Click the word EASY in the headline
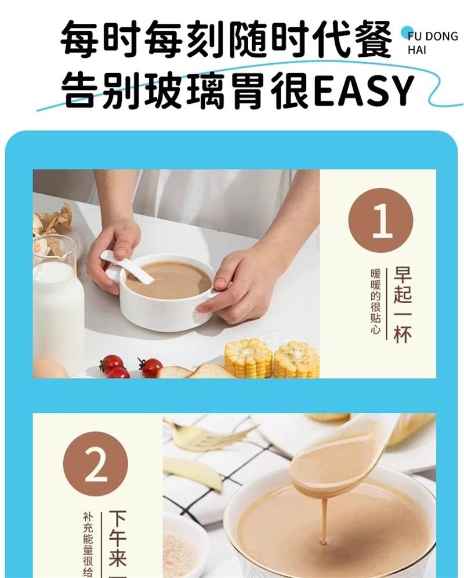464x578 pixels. pyautogui.click(x=365, y=90)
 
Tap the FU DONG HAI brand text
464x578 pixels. pyautogui.click(x=432, y=42)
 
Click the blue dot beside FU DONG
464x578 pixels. pyautogui.click(x=406, y=32)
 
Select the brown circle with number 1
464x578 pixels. pyautogui.click(x=380, y=221)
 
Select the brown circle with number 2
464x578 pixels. pyautogui.click(x=95, y=464)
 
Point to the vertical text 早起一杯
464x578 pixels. pyautogui.click(x=402, y=304)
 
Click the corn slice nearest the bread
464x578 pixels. pyautogui.click(x=248, y=358)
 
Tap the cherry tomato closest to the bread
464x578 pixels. pyautogui.click(x=151, y=367)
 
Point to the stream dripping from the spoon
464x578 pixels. pyautogui.click(x=323, y=519)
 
